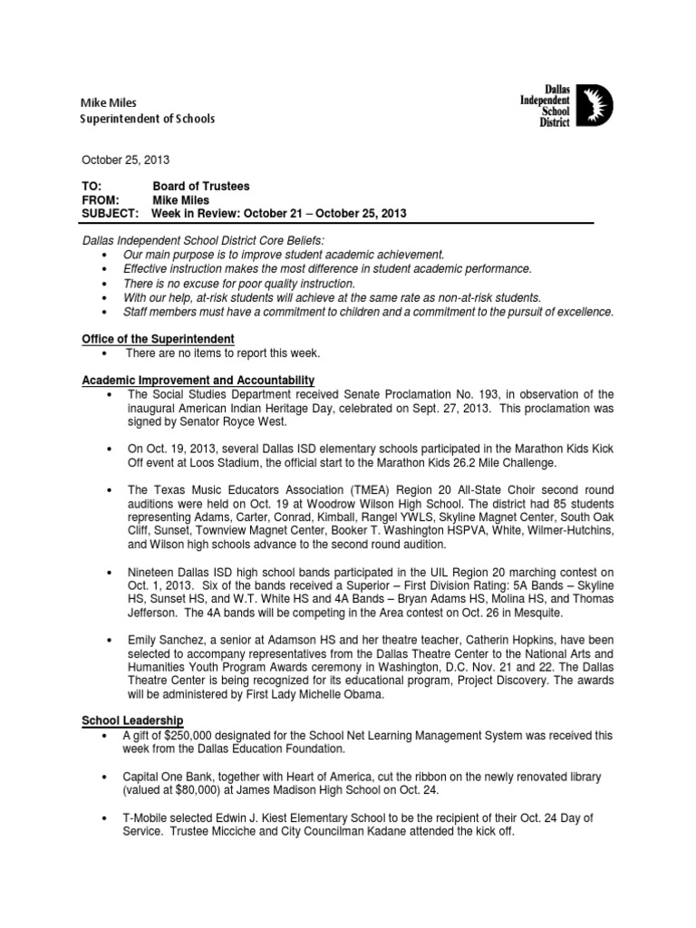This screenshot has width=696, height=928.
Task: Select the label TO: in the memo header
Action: click(92, 186)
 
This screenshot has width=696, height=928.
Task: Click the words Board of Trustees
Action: click(201, 186)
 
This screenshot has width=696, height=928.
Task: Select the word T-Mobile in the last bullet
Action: click(147, 818)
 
